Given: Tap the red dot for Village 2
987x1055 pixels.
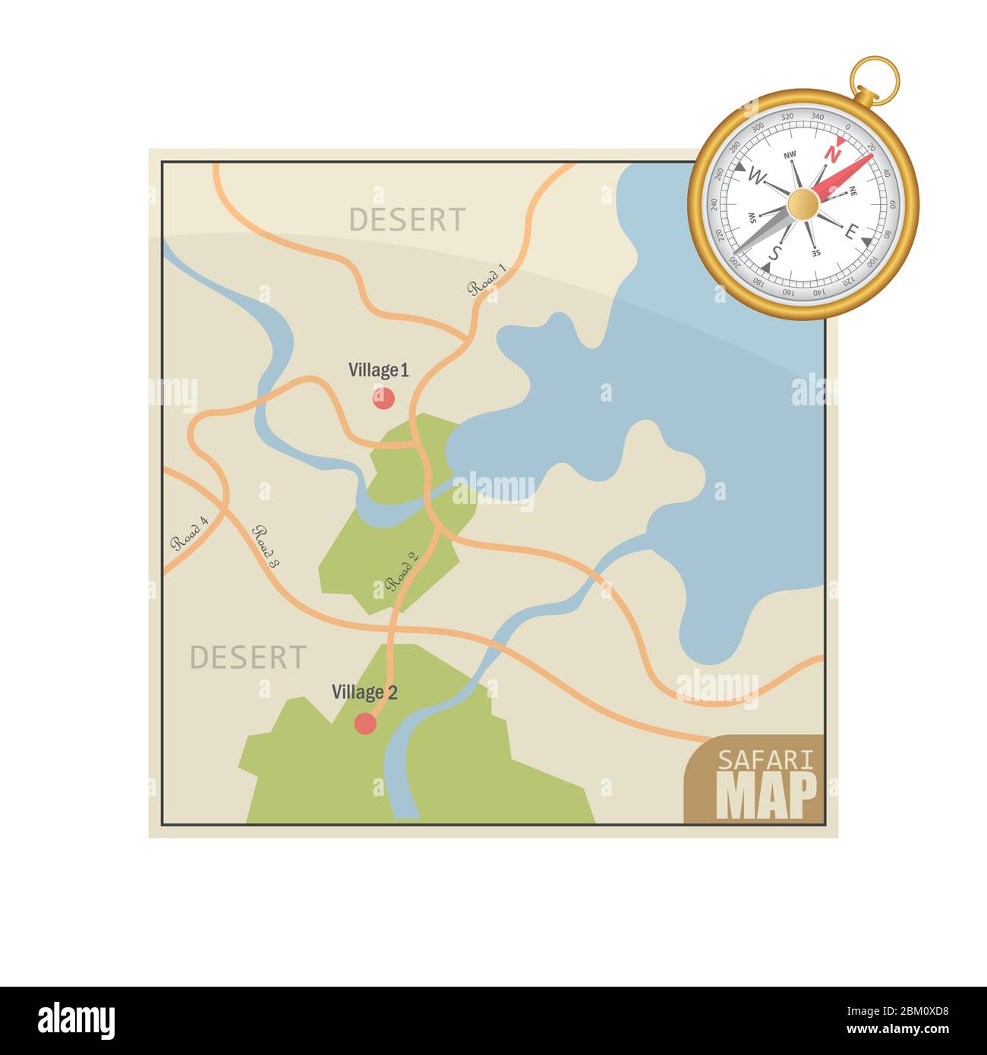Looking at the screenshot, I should point(366,723).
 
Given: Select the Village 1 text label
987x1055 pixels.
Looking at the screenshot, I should point(378,370).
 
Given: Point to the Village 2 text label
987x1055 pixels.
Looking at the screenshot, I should point(364,692).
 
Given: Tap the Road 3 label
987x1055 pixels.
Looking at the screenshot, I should point(266,547).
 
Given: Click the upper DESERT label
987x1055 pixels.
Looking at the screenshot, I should point(407,220).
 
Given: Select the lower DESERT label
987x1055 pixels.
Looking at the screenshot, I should point(248,657).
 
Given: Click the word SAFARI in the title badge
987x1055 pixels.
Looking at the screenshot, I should point(765,760).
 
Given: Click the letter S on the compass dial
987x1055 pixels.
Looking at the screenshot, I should point(773,253).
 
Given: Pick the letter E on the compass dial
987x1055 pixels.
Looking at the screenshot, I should point(851,232).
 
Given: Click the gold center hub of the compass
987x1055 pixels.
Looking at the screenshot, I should point(803,204).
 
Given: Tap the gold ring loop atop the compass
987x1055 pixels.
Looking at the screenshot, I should point(875,78).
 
